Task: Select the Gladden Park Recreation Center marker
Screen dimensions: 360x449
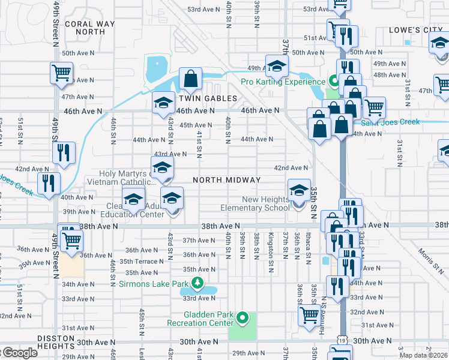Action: [x=242, y=317]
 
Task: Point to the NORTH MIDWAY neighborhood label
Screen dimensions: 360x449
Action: [x=226, y=180]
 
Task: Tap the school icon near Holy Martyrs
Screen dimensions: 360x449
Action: [x=162, y=169]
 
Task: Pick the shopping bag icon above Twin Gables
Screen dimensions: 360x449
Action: [x=190, y=79]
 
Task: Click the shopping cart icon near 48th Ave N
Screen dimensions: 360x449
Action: [x=61, y=73]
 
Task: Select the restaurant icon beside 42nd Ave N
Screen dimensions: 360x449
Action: [x=64, y=152]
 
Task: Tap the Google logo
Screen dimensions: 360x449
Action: [x=19, y=352]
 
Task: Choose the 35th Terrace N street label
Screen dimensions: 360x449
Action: [x=141, y=262]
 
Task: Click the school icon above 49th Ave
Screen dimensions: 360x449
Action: [x=277, y=65]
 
